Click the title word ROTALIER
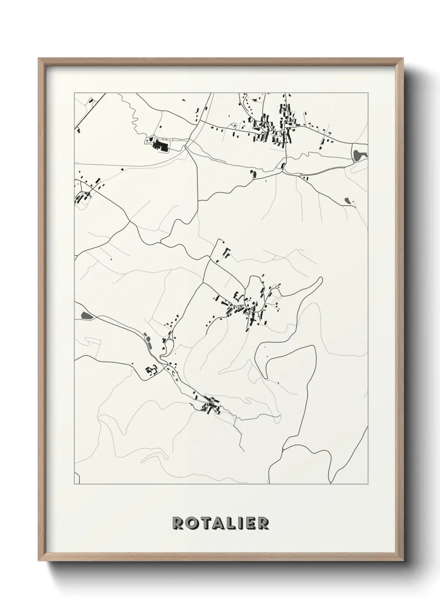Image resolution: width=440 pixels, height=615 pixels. tap(220, 523)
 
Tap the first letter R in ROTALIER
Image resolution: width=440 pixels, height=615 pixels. tap(178, 523)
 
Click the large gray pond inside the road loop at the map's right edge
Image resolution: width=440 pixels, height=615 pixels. tap(358, 155)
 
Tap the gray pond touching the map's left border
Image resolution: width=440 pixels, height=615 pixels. tap(86, 316)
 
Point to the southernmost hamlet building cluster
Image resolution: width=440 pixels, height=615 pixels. tap(210, 404)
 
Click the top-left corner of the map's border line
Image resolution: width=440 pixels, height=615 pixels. tap(74, 93)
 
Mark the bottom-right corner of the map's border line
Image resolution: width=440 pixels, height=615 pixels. tap(368, 484)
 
